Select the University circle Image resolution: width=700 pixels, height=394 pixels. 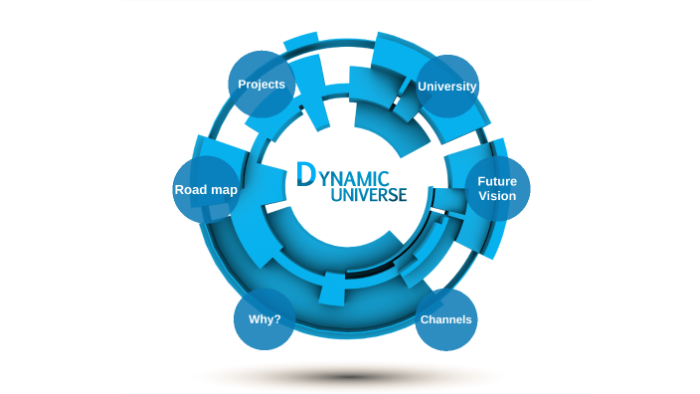[x=446, y=86]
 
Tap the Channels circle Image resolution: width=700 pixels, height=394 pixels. [x=446, y=319]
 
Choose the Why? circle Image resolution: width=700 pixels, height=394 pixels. [x=263, y=319]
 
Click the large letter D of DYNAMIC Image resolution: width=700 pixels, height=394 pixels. [x=307, y=174]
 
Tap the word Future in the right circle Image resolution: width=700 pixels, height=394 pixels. [x=497, y=181]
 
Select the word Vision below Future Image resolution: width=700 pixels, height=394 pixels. [x=497, y=196]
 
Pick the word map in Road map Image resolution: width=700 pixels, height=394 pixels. [x=224, y=190]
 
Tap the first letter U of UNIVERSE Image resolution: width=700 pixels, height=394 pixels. [x=333, y=195]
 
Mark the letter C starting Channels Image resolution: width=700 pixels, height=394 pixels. [x=425, y=319]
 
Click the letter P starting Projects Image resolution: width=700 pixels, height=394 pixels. [x=242, y=84]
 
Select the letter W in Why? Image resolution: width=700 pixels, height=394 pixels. [x=253, y=319]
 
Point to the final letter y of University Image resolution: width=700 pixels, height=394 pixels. [x=473, y=88]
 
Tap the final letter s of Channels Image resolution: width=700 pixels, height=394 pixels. [x=469, y=319]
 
